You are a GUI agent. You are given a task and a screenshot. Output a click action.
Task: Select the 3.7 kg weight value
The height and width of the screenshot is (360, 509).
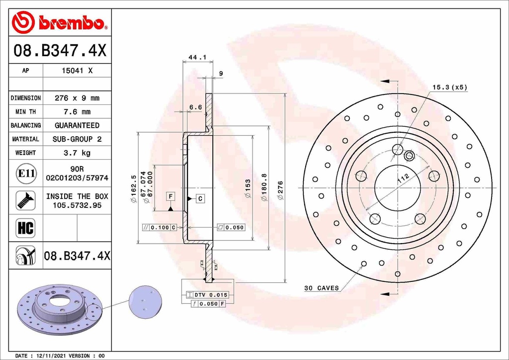coord(77,153)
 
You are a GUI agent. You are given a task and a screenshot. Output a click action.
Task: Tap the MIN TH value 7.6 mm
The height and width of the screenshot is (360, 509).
coord(77,112)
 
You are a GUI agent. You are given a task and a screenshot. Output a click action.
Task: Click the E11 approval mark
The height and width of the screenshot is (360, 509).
coord(26,173)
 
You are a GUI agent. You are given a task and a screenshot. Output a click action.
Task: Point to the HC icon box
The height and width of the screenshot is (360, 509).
coord(25,228)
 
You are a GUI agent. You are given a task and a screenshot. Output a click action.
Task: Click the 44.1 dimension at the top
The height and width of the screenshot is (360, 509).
coord(197,57)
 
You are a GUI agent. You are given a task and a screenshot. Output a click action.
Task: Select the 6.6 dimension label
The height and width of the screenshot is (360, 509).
coord(195,107)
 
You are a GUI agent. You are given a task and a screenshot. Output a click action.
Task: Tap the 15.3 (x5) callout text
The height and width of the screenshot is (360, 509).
coord(449,87)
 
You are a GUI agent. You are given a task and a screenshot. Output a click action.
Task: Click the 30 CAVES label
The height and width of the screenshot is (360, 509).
coord(322,288)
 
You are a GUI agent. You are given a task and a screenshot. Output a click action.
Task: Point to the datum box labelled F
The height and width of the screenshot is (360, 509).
coord(170,196)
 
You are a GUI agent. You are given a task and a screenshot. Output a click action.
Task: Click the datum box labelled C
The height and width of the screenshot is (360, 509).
coord(200,199)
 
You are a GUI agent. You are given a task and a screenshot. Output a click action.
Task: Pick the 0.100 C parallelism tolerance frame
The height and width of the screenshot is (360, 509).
coord(160,228)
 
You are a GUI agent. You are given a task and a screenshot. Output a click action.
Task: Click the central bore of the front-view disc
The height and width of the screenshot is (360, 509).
coord(397,188)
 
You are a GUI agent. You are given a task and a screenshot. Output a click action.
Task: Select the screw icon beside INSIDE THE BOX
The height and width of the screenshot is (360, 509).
coord(25,200)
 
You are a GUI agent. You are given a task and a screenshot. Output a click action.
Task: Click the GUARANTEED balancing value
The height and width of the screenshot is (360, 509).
coord(77,125)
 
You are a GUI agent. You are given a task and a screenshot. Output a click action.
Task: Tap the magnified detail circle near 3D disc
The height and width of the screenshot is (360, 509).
coord(146,302)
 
